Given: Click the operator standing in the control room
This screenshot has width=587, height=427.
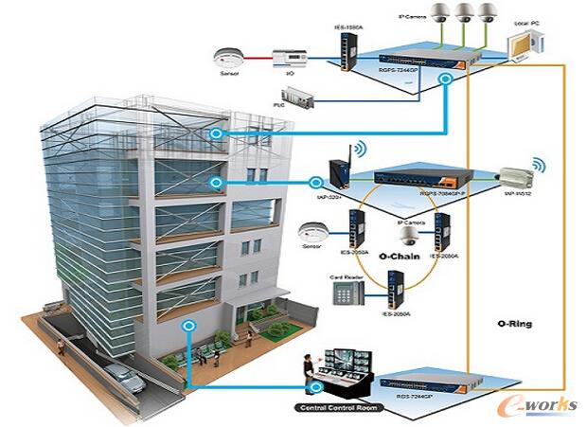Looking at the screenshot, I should click(x=308, y=372).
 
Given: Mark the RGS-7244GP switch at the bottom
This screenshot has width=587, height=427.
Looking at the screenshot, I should click(x=424, y=386).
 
